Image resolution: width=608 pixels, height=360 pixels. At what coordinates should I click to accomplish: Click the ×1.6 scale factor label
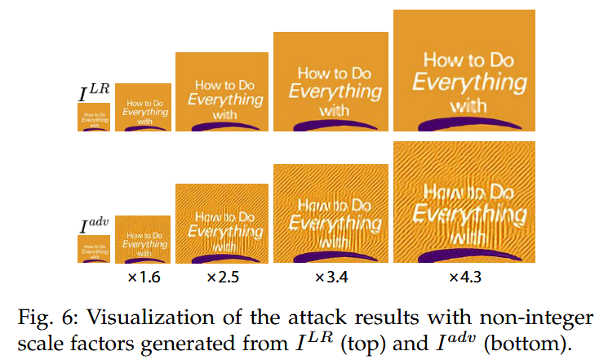tap(144, 278)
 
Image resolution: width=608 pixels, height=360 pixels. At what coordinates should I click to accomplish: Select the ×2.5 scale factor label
tap(222, 278)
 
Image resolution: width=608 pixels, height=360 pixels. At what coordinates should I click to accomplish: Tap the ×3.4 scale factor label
tap(332, 278)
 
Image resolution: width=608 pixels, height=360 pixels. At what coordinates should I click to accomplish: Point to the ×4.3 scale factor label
tap(465, 278)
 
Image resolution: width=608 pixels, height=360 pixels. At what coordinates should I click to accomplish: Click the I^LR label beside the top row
tap(94, 92)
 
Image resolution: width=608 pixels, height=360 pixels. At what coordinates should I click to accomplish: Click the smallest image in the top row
tap(94, 118)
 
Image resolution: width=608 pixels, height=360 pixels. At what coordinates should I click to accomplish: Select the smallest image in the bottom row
tap(94, 249)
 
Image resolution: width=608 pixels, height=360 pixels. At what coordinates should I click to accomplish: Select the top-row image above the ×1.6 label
tap(143, 107)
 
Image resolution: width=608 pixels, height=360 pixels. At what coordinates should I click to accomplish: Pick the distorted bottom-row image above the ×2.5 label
tap(222, 224)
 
